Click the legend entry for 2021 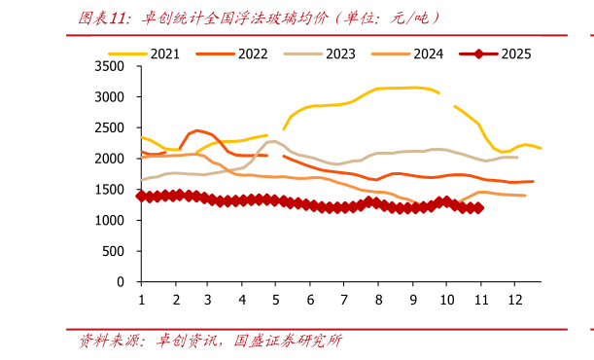click(153, 53)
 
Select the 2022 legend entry click(240, 53)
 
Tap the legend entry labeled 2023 click(326, 53)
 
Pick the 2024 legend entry click(412, 53)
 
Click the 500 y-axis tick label click(116, 251)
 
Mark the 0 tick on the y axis click(122, 282)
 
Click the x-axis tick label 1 click(142, 301)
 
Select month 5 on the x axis click(277, 301)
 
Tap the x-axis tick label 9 click(412, 301)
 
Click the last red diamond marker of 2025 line click(477, 207)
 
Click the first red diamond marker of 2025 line click(142, 196)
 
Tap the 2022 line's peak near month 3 click(197, 130)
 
